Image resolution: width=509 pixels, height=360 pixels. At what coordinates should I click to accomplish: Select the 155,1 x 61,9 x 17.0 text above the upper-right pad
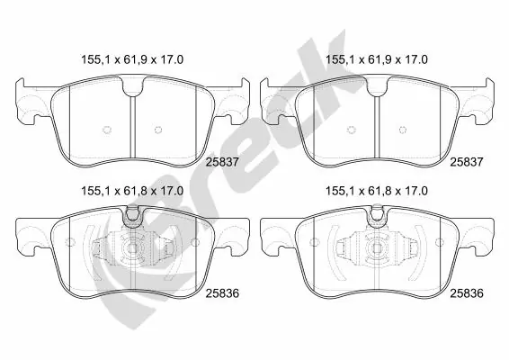(376, 59)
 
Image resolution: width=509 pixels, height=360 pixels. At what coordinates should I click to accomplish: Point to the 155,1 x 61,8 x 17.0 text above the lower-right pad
(376, 191)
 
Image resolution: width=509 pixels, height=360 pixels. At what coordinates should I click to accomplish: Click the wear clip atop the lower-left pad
(132, 214)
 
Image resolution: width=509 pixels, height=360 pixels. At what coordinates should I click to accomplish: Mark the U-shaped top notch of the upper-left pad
(132, 86)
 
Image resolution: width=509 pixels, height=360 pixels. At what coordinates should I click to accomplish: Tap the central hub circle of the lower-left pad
(132, 253)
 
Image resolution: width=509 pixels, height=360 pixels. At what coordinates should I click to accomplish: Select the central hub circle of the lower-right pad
(376, 253)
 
